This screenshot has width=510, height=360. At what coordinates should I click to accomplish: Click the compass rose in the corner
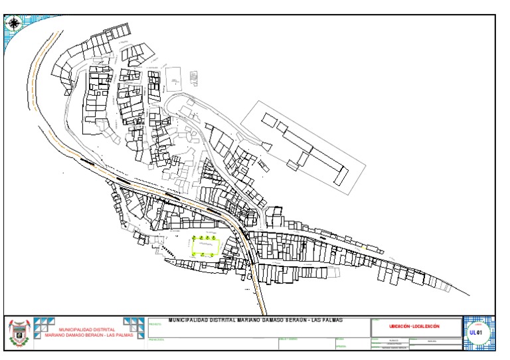(x=13, y=23)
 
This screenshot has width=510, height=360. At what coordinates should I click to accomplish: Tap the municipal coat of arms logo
(x=19, y=334)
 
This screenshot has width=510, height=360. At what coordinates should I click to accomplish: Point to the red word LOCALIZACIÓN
(x=426, y=326)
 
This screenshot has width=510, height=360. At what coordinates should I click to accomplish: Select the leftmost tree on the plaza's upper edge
(x=195, y=237)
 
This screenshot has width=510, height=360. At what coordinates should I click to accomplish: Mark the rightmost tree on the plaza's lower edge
(x=216, y=254)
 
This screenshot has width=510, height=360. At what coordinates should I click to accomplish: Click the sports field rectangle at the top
(x=174, y=78)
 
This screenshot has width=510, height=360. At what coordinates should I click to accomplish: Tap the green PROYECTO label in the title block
(x=155, y=325)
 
